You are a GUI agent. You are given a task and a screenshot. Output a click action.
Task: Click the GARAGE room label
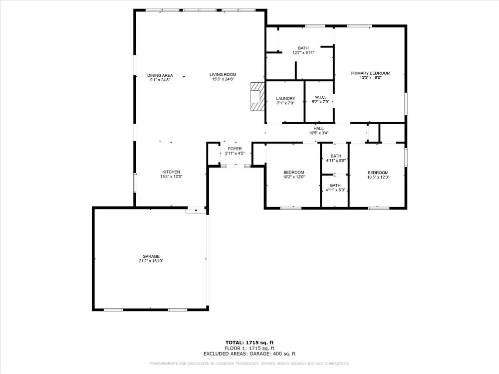point(151,256)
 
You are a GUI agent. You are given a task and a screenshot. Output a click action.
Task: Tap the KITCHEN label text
point(171,172)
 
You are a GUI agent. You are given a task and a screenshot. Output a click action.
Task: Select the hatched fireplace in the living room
point(257,96)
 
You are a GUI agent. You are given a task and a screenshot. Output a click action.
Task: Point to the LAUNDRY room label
point(285,99)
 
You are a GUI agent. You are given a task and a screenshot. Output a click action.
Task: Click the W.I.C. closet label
point(320,97)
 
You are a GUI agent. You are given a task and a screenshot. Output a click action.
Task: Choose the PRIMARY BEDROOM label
point(370,73)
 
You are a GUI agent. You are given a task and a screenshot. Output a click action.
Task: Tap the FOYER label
point(235,149)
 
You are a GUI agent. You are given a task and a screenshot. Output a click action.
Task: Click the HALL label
point(318,129)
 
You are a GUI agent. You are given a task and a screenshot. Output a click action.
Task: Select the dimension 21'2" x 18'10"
point(151,261)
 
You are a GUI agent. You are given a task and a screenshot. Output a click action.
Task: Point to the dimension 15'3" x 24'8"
point(223,79)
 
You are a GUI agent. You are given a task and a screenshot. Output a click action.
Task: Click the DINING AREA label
point(160,75)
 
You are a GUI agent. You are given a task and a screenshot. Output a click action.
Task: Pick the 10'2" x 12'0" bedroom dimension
point(294,177)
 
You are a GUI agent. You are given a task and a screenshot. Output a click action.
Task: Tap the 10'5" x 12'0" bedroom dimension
point(378,177)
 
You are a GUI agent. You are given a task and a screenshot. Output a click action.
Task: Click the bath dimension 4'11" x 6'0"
point(335,190)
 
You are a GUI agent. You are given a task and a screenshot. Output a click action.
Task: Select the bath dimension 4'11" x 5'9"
point(336,161)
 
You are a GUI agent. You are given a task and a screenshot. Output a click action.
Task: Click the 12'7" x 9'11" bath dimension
point(303,53)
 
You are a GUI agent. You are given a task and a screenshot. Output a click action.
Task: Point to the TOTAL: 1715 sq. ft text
point(249,343)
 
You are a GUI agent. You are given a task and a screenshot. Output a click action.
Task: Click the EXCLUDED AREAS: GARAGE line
point(249,354)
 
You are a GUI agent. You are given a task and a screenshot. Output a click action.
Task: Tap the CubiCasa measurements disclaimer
point(249,364)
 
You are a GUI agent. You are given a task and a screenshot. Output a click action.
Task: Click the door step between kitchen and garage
point(196,210)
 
